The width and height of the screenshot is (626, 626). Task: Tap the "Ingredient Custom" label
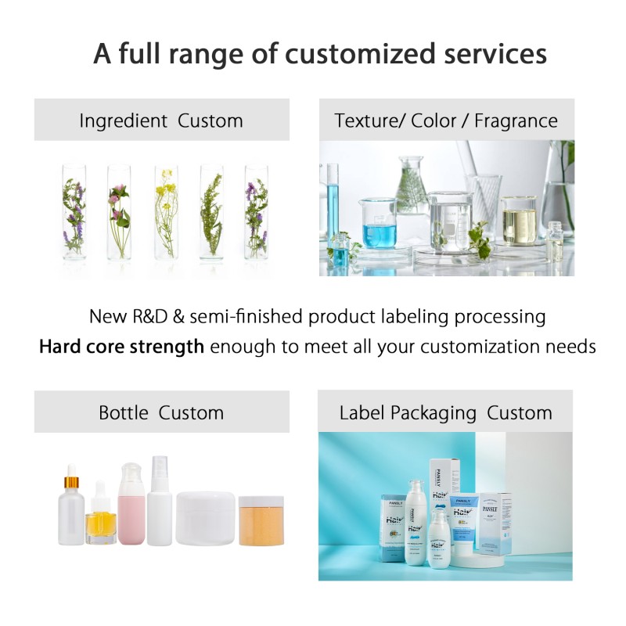click(x=161, y=121)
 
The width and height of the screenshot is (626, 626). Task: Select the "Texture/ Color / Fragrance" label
click(x=446, y=121)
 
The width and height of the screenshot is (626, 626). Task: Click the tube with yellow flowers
click(x=166, y=212)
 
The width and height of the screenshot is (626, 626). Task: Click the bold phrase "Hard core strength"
click(x=121, y=347)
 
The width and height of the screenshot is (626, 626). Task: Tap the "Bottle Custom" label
click(x=161, y=412)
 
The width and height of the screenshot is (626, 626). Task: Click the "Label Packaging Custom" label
click(x=445, y=412)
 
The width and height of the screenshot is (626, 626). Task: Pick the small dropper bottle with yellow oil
click(x=101, y=520)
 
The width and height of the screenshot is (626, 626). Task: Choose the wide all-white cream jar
click(x=205, y=518)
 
